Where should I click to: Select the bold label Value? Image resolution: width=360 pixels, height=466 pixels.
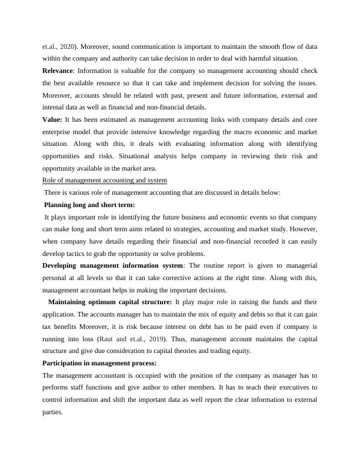point(54,119)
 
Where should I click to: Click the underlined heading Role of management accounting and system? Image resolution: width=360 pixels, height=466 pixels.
point(105,180)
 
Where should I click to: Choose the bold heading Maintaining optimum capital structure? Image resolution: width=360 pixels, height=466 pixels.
point(111,302)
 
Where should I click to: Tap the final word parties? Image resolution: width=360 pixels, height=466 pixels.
point(53,412)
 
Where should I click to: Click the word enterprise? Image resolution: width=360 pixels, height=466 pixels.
point(61,131)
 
